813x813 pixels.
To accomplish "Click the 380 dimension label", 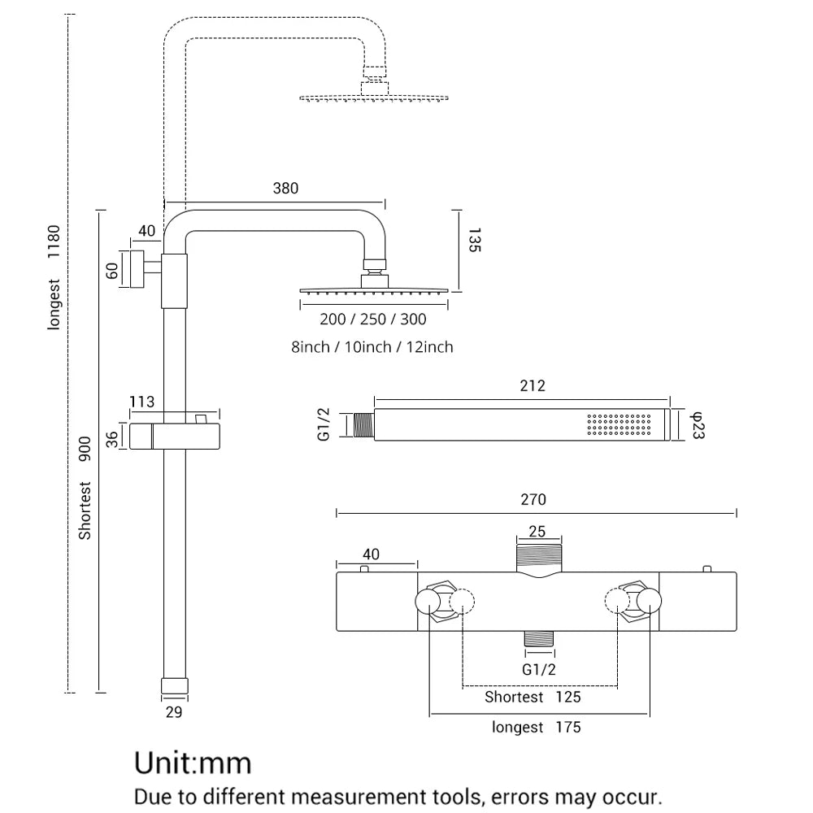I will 285,189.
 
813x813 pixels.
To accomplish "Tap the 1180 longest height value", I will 54,241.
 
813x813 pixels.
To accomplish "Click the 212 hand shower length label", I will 533,385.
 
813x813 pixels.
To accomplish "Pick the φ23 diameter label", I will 697,425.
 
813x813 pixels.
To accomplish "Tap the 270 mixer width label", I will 533,499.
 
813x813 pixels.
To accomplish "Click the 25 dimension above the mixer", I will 537,532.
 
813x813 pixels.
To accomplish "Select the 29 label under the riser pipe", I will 173,712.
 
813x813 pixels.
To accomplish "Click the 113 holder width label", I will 141,402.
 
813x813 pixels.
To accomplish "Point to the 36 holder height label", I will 113,438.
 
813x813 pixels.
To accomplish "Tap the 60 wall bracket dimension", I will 113,270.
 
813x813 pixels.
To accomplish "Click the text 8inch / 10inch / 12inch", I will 372,347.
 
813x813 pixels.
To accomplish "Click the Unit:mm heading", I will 193,763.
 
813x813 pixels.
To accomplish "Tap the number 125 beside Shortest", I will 568,697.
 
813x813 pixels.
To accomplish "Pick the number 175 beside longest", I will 568,727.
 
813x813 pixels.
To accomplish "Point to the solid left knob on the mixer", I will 428,602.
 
